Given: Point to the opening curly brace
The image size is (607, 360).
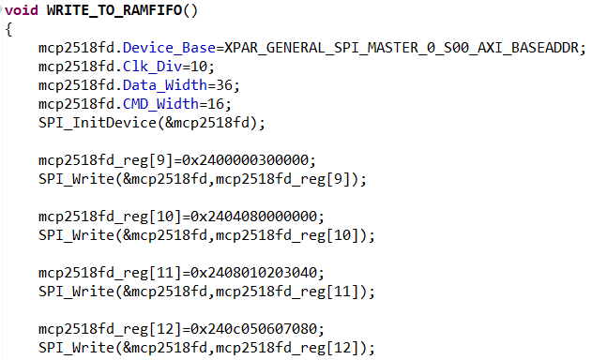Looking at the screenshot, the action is [8, 29].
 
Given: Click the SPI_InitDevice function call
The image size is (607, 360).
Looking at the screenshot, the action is [92, 123].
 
